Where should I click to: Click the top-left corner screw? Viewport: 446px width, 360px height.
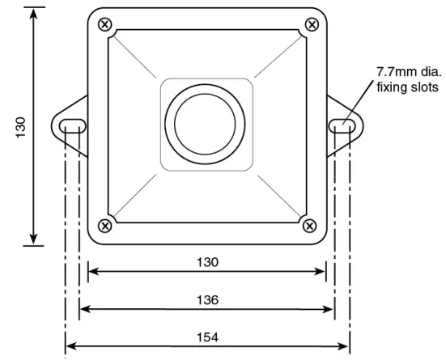pos(104,24)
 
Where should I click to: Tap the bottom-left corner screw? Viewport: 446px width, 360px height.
pos(104,224)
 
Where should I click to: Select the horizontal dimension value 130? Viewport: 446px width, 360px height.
pos(207,262)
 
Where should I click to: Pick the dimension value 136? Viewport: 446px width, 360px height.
pos(207,299)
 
